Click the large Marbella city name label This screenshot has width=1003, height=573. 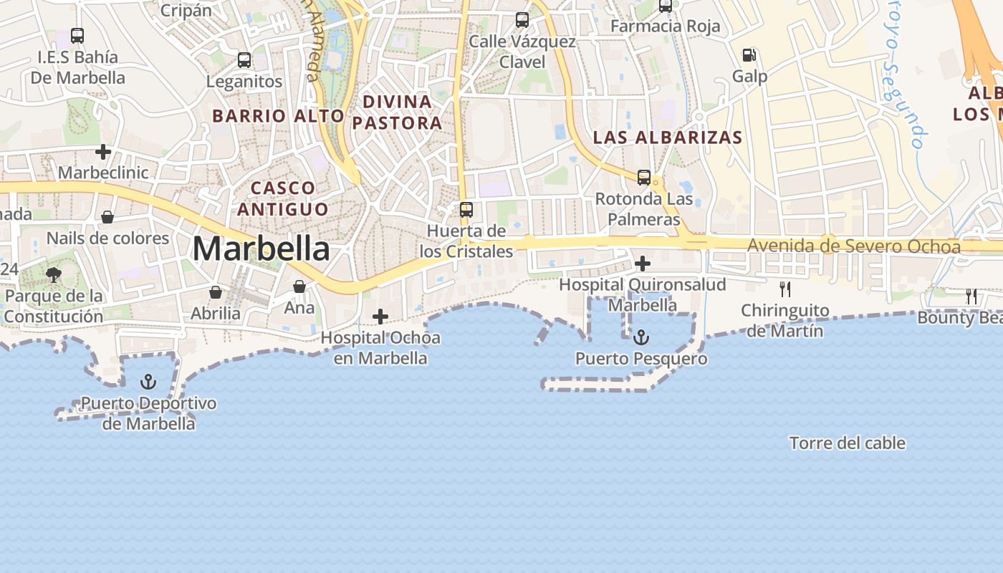261,249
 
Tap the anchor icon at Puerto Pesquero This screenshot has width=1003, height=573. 641,337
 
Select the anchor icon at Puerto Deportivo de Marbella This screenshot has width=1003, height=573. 148,381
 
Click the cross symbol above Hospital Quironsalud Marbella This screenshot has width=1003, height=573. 643,264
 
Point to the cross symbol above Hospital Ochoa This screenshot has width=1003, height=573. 380,316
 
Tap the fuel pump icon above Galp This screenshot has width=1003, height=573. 749,54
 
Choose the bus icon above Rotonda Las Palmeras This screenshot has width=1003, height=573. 644,177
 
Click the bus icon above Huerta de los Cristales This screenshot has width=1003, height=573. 466,210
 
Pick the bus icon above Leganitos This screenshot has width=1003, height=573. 244,60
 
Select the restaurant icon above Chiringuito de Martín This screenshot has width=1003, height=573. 785,289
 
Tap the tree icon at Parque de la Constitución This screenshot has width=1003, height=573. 54,274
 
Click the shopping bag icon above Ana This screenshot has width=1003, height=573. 299,286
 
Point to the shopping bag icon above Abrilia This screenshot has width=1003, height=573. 215,292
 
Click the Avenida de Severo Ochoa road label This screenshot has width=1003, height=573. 853,246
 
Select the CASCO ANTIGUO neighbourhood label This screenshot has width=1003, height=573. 283,198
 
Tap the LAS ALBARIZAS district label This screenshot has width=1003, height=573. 668,137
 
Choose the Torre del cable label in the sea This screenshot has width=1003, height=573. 847,443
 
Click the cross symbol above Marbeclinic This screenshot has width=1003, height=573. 103,152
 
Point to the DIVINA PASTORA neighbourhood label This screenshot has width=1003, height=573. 397,112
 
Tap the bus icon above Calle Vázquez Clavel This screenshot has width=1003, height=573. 522,20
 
